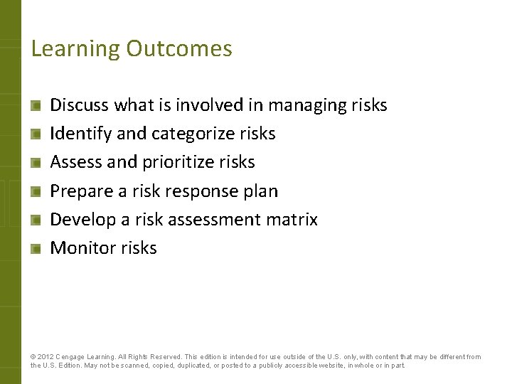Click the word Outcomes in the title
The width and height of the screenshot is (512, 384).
(x=179, y=48)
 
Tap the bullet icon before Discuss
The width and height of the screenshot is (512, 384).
(x=36, y=105)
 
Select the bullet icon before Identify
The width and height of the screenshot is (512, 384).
(x=36, y=134)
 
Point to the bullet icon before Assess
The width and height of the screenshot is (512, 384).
(x=36, y=162)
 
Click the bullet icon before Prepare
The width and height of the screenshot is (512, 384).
(x=36, y=191)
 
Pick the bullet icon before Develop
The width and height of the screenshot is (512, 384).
(x=36, y=220)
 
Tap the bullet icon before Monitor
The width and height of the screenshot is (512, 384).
(x=36, y=248)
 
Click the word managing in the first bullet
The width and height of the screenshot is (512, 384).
(x=306, y=106)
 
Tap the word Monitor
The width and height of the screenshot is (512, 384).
(x=82, y=248)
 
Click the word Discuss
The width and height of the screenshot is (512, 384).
(x=79, y=105)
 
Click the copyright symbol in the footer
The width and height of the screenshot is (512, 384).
(x=33, y=357)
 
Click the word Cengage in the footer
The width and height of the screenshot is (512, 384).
(x=73, y=357)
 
